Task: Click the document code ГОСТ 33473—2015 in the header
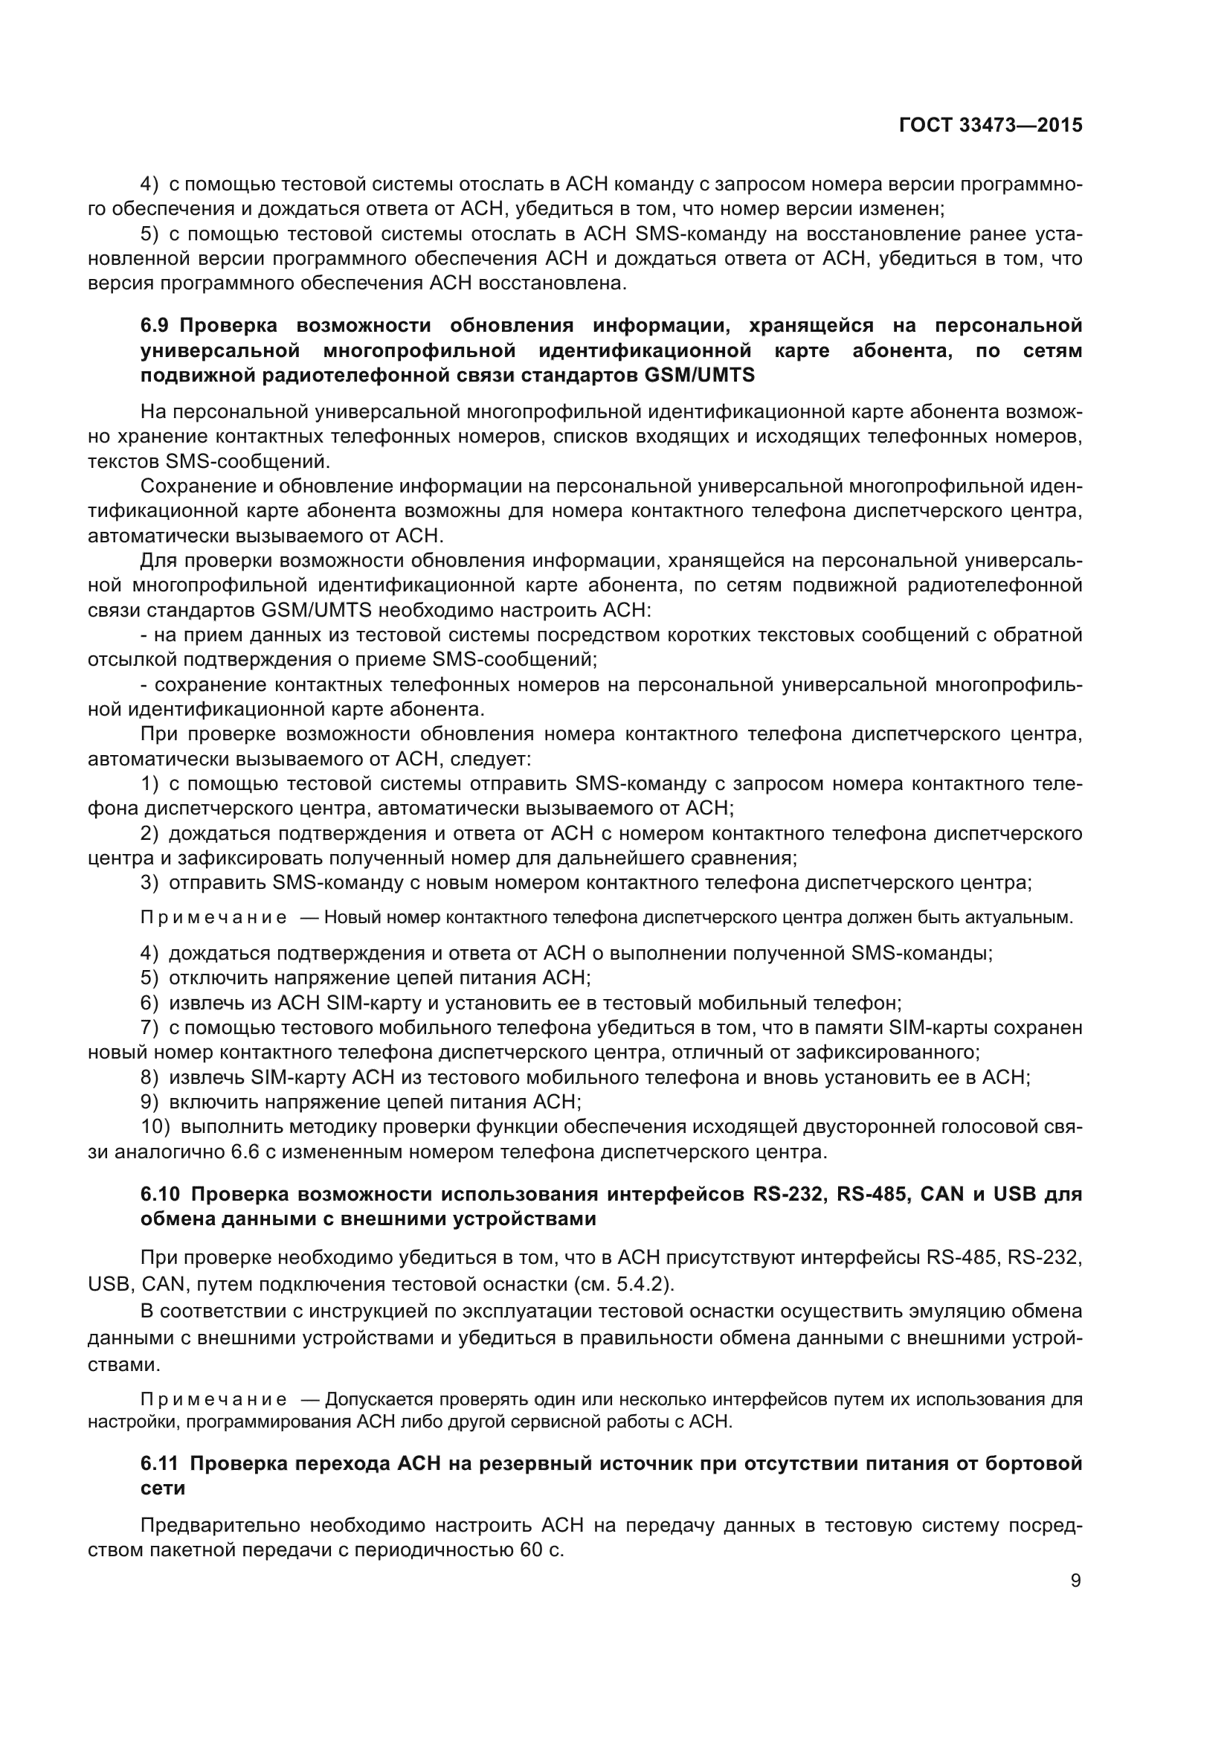pyautogui.click(x=991, y=126)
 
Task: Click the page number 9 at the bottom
pyautogui.click(x=1075, y=1580)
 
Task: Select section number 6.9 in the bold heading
pyautogui.click(x=157, y=326)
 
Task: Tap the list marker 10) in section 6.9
pyautogui.click(x=155, y=1126)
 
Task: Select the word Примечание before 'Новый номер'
pyautogui.click(x=213, y=918)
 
